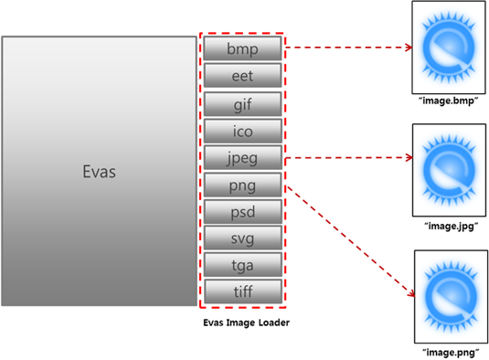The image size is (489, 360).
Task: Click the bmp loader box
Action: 241,48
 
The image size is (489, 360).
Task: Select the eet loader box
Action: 241,75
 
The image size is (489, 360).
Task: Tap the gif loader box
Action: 241,102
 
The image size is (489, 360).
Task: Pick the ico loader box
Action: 241,130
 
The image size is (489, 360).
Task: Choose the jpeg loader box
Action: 241,157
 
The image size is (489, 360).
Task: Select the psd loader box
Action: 241,212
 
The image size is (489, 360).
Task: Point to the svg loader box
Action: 241,238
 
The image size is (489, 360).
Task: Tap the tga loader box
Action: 241,266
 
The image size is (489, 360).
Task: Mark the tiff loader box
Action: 241,292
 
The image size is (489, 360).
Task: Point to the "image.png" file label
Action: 451,350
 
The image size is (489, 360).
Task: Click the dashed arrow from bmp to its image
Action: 347,48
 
